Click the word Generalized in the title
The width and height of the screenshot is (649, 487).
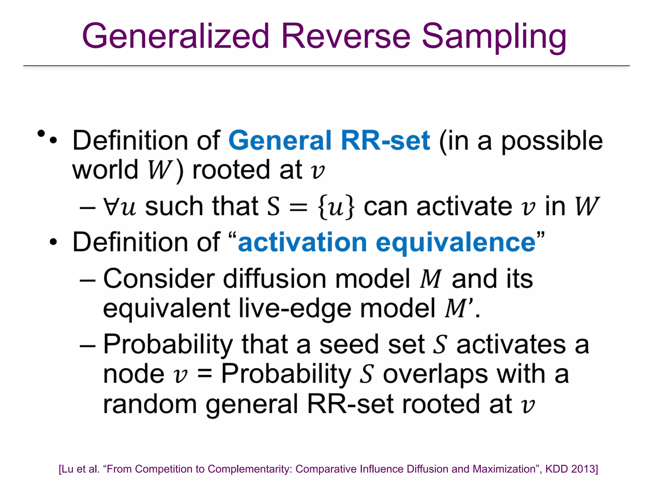[175, 36]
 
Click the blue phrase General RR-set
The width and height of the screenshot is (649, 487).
[329, 140]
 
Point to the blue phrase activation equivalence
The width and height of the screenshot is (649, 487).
[387, 243]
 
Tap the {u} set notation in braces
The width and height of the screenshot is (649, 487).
[336, 207]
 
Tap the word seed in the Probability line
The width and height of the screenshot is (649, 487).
[349, 345]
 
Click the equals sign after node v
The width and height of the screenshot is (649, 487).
[204, 374]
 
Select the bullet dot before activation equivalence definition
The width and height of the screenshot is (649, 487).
[53, 243]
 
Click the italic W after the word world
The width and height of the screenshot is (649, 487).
[159, 170]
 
